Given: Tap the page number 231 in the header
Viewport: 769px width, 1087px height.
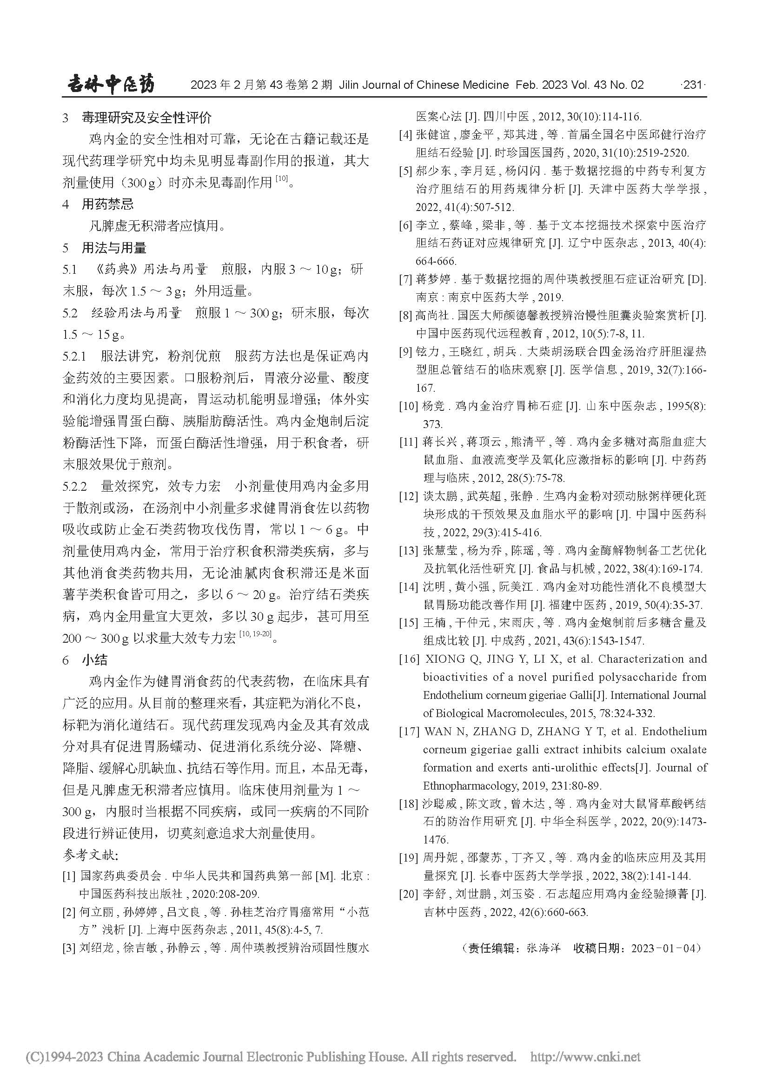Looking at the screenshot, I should [x=692, y=85].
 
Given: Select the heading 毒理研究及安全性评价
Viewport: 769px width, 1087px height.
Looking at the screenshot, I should [x=146, y=118].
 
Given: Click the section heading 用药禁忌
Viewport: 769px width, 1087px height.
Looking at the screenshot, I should [x=107, y=204].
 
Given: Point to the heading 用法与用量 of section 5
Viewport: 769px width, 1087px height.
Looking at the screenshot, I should [x=113, y=248].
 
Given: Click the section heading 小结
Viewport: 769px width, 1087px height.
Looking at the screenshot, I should [x=95, y=660].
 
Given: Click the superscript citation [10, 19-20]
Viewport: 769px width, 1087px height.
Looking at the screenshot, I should [x=255, y=634].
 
